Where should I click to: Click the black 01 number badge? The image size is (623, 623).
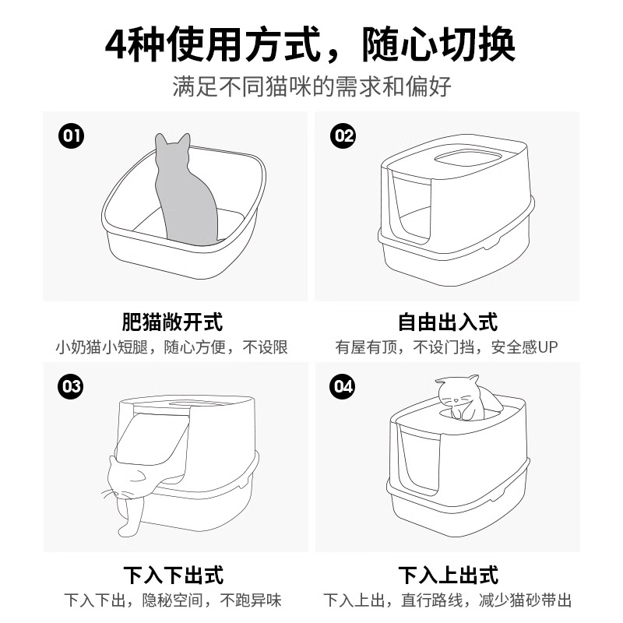point(71,136)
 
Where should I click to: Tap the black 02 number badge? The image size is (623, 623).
point(343,136)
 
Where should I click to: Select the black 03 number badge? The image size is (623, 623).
point(71,386)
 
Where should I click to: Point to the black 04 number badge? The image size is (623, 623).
point(343,386)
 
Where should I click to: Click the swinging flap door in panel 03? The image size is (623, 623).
point(153,438)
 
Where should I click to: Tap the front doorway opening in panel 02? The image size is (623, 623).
point(411,206)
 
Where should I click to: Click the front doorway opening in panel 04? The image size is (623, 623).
point(419,457)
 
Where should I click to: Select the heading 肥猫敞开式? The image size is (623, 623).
point(172,322)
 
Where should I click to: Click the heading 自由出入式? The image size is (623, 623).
point(448,322)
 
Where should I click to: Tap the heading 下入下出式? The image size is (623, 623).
point(173,575)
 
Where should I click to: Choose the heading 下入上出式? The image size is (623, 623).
point(449,575)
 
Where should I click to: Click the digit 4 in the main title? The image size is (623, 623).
point(117,44)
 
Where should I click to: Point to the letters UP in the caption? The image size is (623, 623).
point(548,347)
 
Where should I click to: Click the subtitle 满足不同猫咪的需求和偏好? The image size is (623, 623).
point(312,86)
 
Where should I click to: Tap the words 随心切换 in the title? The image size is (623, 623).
point(438,44)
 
